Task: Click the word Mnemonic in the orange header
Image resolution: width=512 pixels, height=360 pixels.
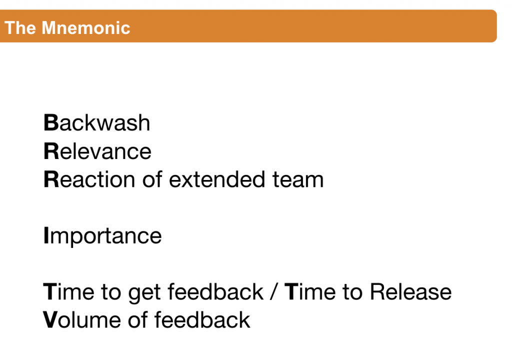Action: (x=86, y=28)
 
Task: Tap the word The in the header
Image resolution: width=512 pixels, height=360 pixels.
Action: (x=20, y=28)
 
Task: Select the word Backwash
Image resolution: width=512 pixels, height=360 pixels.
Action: (x=97, y=123)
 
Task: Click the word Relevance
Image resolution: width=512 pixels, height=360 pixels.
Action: (x=97, y=151)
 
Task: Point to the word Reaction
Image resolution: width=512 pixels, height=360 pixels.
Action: (x=89, y=179)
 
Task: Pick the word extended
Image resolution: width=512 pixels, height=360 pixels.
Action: (x=217, y=179)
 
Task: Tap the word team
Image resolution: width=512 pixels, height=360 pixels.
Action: (x=298, y=180)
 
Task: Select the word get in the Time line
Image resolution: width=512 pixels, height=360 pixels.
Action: (x=144, y=293)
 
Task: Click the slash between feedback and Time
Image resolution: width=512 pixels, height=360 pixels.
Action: (x=273, y=291)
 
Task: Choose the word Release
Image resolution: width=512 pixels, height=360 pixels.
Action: (x=411, y=291)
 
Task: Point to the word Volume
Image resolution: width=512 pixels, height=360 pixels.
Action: (x=82, y=320)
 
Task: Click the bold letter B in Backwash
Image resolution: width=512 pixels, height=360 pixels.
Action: (x=51, y=123)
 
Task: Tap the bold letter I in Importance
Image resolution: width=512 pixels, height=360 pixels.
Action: (x=46, y=235)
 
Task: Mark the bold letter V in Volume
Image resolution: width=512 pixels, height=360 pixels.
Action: (x=50, y=320)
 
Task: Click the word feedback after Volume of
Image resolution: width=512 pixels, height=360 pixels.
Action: (x=202, y=320)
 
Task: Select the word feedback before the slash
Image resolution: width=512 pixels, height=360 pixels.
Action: (x=215, y=291)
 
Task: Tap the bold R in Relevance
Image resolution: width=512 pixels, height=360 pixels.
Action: (x=51, y=151)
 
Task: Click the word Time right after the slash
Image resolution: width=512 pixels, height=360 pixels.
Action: (x=310, y=291)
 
